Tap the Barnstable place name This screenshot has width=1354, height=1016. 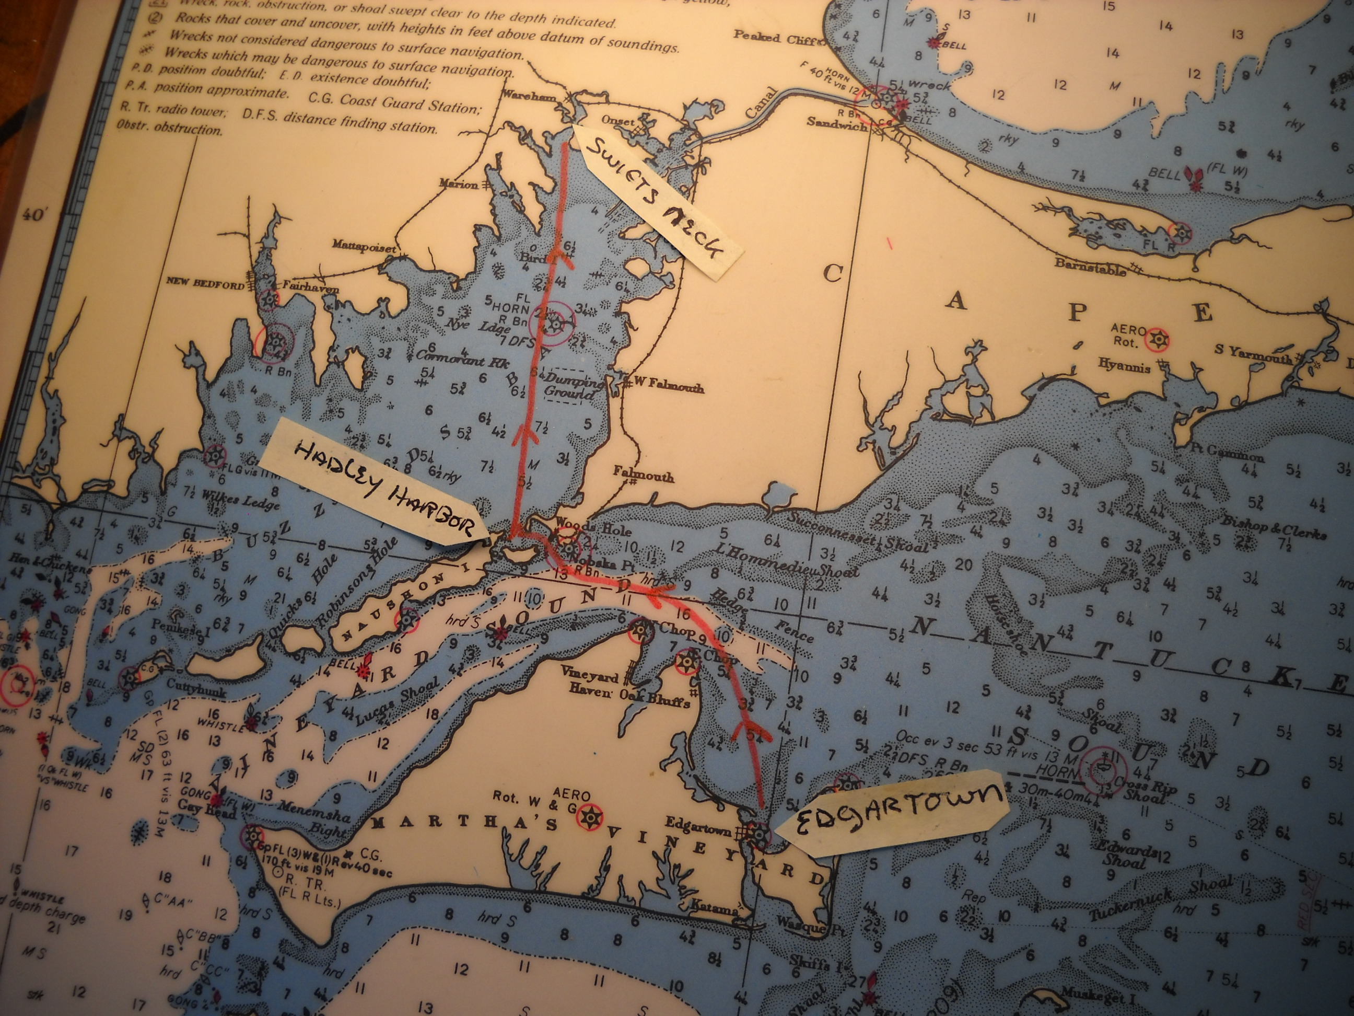point(1090,267)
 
